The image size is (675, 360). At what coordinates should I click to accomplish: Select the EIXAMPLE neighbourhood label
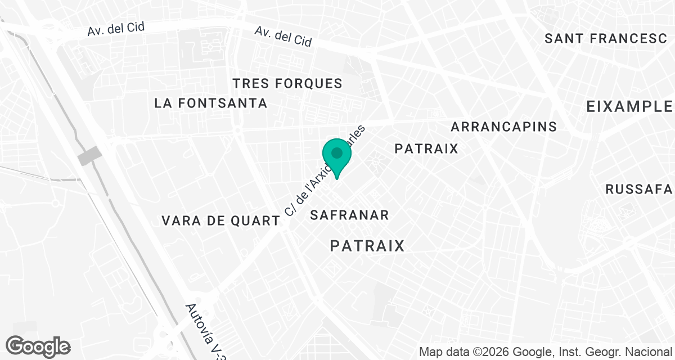[629, 106]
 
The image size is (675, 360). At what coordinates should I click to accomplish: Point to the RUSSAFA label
[640, 189]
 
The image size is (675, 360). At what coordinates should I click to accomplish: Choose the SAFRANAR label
[349, 215]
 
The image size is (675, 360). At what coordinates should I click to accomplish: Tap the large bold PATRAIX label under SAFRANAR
[367, 246]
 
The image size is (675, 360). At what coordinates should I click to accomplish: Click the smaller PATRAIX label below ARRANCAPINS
[426, 148]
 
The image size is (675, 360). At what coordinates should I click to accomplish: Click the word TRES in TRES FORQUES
[249, 84]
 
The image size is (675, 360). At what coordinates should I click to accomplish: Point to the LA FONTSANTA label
[210, 103]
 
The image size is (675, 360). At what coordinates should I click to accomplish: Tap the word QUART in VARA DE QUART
[256, 220]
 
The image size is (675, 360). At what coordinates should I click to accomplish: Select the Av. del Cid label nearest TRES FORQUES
[283, 37]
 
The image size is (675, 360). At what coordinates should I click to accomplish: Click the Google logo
[38, 346]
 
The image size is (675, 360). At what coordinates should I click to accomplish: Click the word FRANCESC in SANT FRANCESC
[632, 39]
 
